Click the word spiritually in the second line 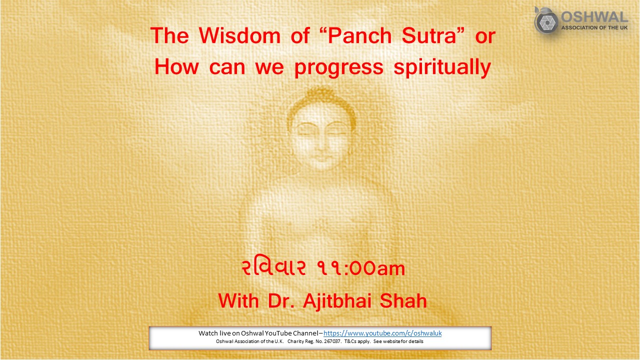[442, 67]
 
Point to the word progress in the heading [338, 67]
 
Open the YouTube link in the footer [382, 333]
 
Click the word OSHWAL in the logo [594, 16]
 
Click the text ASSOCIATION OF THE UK [594, 28]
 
